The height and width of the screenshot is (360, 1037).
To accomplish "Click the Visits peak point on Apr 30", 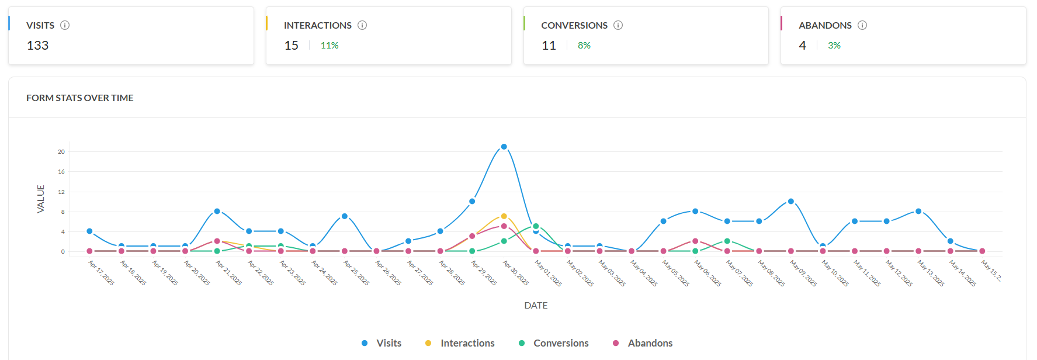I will point(504,147).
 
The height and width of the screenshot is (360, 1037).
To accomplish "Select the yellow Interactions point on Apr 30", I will point(504,216).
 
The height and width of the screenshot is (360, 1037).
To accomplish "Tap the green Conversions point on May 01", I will point(536,226).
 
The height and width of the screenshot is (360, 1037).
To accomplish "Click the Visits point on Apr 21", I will point(217,211).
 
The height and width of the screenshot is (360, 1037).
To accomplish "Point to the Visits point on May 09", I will point(791,201).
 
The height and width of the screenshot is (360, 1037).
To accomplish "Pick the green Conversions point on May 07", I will point(727,241).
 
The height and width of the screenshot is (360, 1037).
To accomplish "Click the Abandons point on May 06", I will point(695,241).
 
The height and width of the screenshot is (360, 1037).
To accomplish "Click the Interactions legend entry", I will point(460,343).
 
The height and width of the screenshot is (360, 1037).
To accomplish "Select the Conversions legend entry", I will point(554,343).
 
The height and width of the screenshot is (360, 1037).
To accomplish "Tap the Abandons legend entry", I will point(643,343).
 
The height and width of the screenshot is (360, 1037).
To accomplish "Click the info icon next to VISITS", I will point(65,25).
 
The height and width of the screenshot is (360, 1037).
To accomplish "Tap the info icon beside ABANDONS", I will point(862,25).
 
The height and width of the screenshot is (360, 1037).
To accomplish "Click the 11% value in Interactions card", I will point(330,46).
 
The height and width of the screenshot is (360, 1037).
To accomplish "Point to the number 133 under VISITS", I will point(37,46).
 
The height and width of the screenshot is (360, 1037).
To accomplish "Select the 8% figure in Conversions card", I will point(584,46).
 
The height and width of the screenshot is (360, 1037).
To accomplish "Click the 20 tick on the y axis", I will point(61,151).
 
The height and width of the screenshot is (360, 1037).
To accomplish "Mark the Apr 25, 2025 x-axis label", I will point(356,273).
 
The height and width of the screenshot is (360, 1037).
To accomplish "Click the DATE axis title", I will point(536,305).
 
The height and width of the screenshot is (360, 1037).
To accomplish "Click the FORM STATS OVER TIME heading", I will point(80,98).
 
